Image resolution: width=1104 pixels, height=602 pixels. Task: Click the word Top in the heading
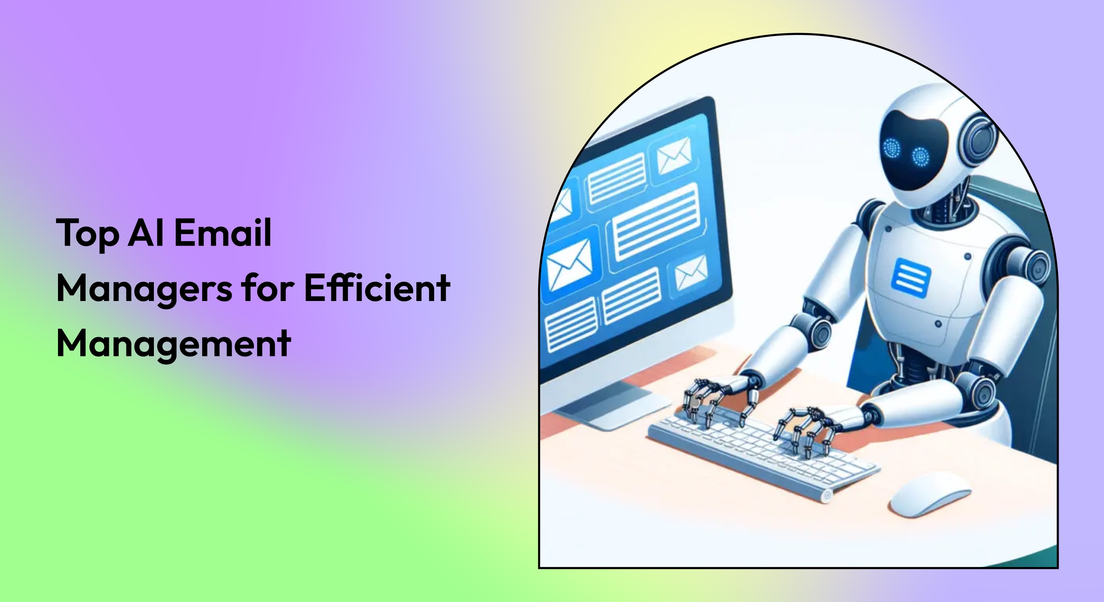point(87,233)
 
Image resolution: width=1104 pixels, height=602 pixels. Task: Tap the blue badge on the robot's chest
point(911,278)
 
